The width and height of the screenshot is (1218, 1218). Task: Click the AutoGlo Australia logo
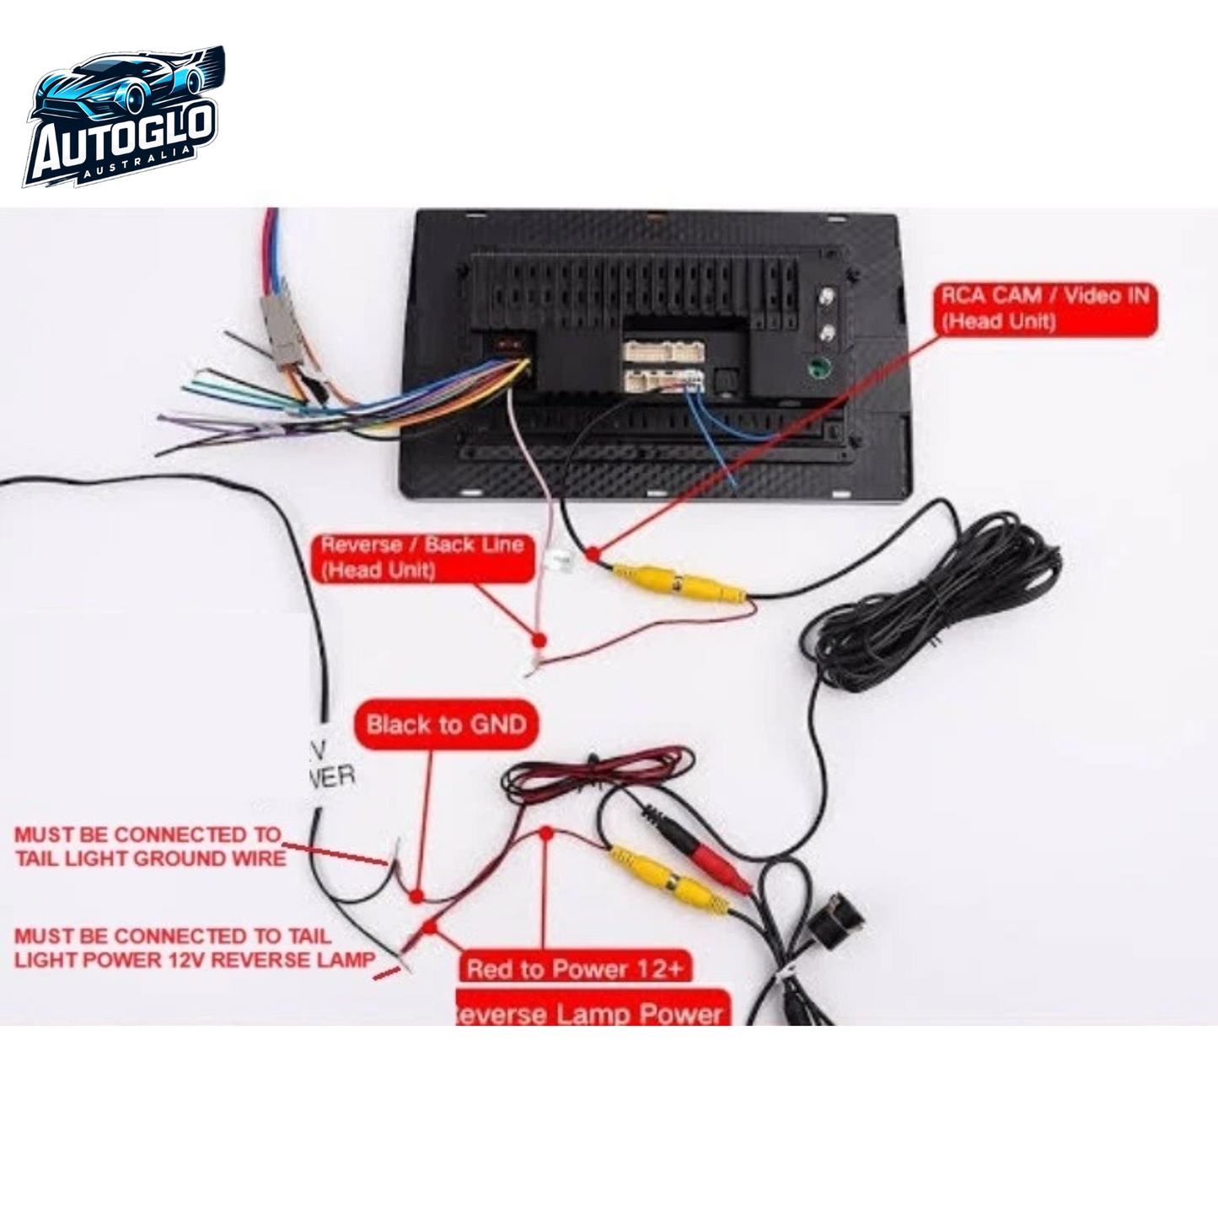tap(123, 118)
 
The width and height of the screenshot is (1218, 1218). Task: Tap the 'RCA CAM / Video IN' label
tap(1046, 309)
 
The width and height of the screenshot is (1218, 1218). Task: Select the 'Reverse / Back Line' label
tap(422, 556)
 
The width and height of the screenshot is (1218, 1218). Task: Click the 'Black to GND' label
tap(446, 724)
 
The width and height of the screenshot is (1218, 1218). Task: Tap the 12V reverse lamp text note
tap(194, 947)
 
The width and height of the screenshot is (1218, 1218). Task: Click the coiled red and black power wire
tap(598, 771)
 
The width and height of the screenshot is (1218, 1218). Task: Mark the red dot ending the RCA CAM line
tap(594, 554)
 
